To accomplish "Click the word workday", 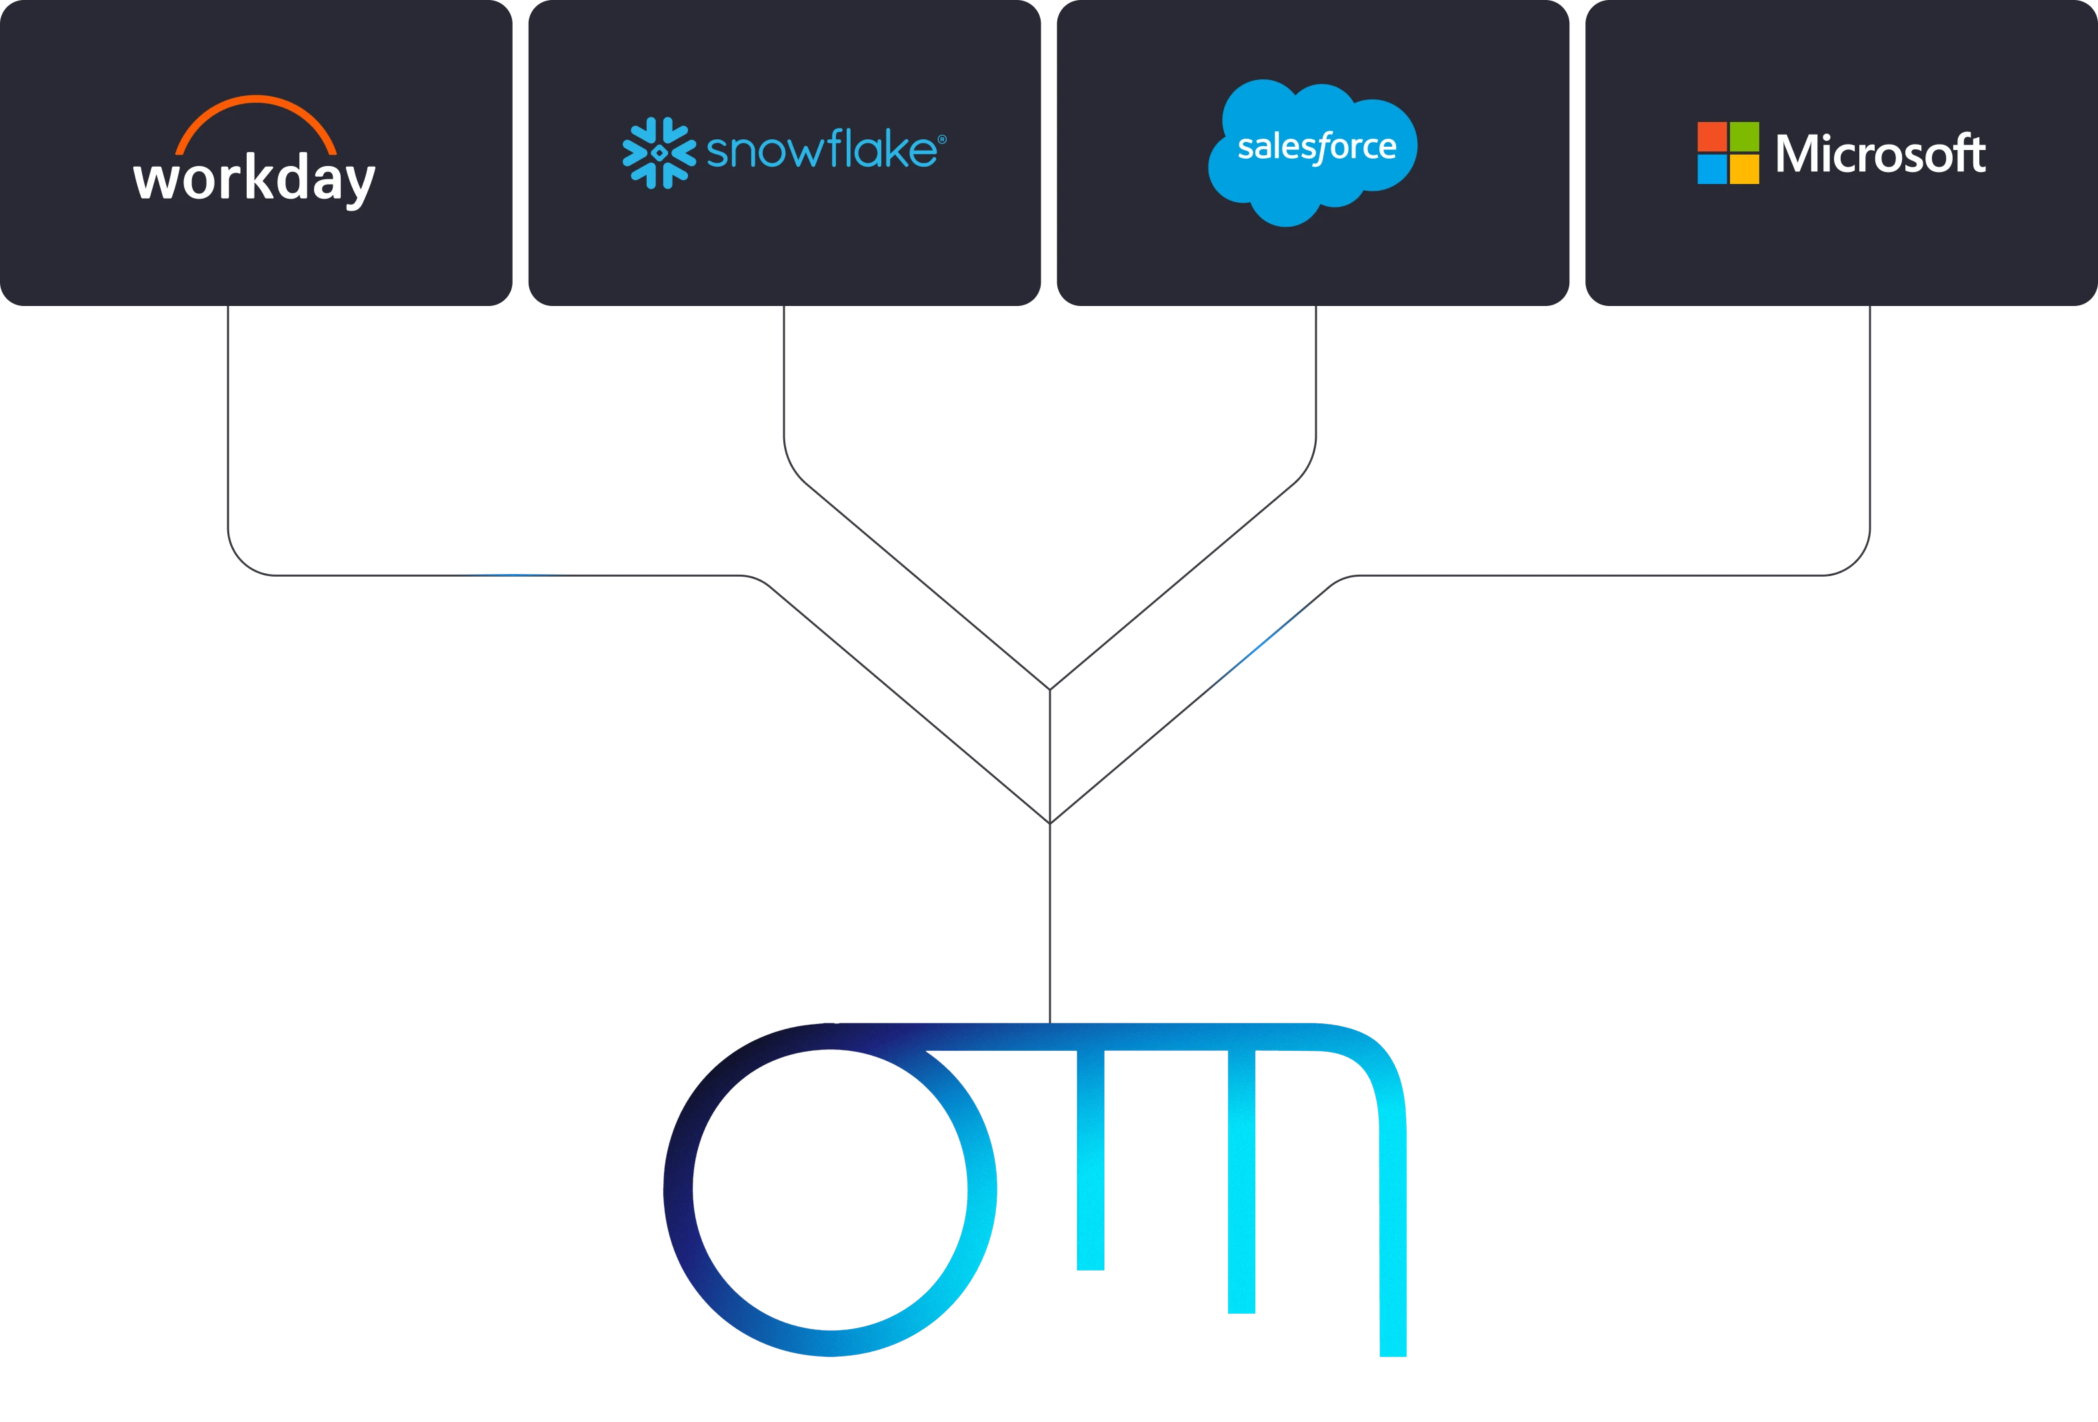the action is pos(255,181).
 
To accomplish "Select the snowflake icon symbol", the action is pos(659,153).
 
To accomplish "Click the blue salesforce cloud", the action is pos(1313,153).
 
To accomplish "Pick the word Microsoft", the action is pos(1881,153).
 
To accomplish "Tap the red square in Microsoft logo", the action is pos(1711,136).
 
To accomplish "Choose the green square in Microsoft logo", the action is pos(1744,136).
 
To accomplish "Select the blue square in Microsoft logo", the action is pos(1711,169).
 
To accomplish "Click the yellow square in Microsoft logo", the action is pos(1744,169).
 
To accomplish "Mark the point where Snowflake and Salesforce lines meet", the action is pos(1050,690).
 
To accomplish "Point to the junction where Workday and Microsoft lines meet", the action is pos(1050,823).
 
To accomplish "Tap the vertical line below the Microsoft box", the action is pos(1869,417).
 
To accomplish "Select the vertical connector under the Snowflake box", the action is pos(783,370).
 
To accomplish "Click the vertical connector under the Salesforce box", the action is pos(1316,370).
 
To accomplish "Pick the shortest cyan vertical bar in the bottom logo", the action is pos(1091,1160).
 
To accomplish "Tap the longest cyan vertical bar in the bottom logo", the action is pos(1393,1241).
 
